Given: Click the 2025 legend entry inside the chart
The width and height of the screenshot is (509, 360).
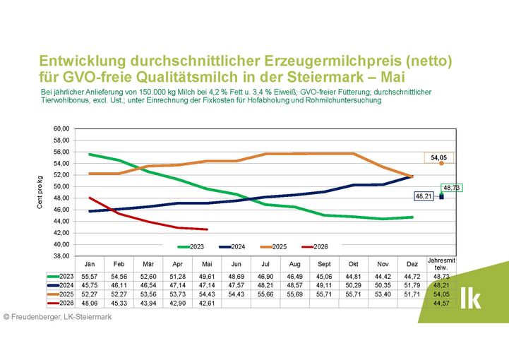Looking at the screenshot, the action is pyautogui.click(x=273, y=247).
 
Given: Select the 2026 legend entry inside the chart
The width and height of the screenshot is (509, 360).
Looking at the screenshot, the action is pyautogui.click(x=315, y=247).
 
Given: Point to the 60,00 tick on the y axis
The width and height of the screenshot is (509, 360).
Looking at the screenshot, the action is pyautogui.click(x=61, y=129).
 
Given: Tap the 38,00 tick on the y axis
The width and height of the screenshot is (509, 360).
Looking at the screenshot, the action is pyautogui.click(x=61, y=256).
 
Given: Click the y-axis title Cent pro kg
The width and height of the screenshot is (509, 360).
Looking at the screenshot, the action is pyautogui.click(x=40, y=193).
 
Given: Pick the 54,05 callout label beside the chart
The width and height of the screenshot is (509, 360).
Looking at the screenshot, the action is pyautogui.click(x=439, y=157).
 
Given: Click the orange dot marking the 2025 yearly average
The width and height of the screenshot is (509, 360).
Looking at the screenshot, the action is pyautogui.click(x=441, y=163).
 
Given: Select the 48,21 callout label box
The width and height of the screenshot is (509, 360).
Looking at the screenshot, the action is pyautogui.click(x=424, y=196).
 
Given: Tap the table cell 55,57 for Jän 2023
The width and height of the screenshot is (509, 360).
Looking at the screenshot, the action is pyautogui.click(x=90, y=277).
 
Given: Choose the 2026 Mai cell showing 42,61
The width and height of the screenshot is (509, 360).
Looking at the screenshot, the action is pyautogui.click(x=207, y=304).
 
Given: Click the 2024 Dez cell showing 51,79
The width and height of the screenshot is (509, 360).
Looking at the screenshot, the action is pyautogui.click(x=412, y=285).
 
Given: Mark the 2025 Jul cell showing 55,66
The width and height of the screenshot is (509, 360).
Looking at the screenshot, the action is pyautogui.click(x=265, y=294).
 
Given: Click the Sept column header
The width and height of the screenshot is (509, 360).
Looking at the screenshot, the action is pyautogui.click(x=324, y=264).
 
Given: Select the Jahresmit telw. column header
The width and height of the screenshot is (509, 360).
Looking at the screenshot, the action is pyautogui.click(x=441, y=264).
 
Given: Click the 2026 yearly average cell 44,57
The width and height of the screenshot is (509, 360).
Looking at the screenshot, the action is pyautogui.click(x=441, y=304).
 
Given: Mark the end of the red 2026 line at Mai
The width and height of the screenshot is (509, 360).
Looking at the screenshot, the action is pyautogui.click(x=207, y=229).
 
